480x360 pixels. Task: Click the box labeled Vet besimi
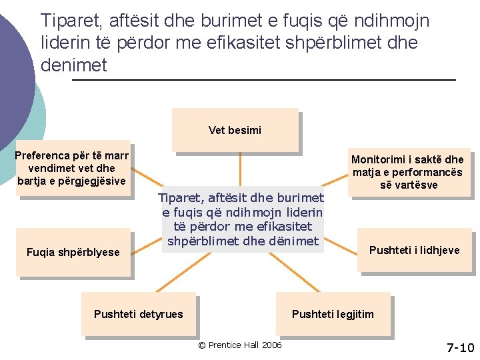pyautogui.click(x=235, y=130)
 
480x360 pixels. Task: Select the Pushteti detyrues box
pyautogui.click(x=139, y=314)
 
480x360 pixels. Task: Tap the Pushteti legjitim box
pyautogui.click(x=333, y=314)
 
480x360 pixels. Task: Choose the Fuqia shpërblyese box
pyautogui.click(x=73, y=252)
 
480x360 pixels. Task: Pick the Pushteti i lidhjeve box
pyautogui.click(x=415, y=250)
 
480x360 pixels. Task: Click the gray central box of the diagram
pyautogui.click(x=243, y=219)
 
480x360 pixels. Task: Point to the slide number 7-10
pyautogui.click(x=460, y=348)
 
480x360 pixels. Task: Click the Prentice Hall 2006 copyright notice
pyautogui.click(x=240, y=345)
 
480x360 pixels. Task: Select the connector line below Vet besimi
pyautogui.click(x=240, y=169)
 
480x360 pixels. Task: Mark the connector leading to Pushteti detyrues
pyautogui.click(x=184, y=272)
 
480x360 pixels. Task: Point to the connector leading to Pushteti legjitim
pyautogui.click(x=294, y=272)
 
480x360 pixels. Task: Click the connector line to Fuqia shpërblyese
pyautogui.click(x=146, y=247)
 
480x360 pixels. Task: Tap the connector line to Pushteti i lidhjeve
pyautogui.click(x=341, y=246)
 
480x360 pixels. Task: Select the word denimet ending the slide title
pyautogui.click(x=74, y=65)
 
